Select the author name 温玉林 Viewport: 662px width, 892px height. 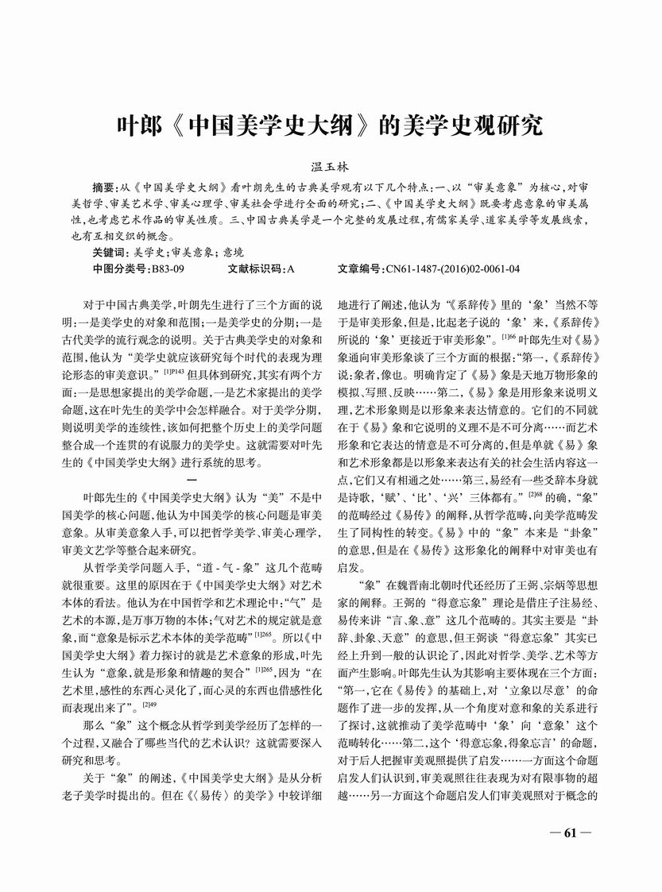(x=331, y=168)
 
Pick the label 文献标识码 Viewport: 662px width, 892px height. (x=255, y=270)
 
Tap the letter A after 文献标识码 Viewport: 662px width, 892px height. (x=291, y=270)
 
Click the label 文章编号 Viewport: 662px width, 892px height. (x=360, y=270)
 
